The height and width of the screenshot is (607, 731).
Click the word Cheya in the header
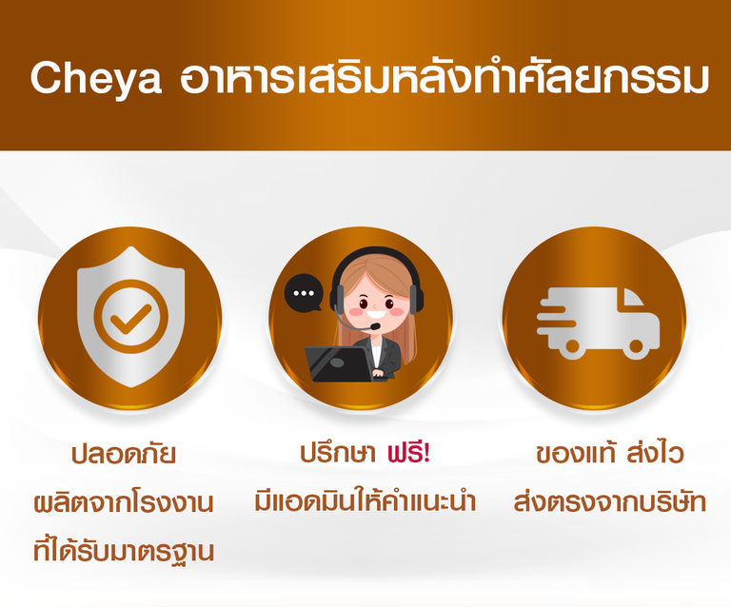point(96,79)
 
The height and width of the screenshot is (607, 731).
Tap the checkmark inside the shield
point(130,319)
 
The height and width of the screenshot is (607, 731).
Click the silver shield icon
point(131,317)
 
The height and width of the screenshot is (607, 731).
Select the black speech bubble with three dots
point(304,292)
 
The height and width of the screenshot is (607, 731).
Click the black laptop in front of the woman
point(339,364)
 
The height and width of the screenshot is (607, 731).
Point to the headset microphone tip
point(375,325)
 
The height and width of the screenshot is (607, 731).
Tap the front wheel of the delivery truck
point(636,346)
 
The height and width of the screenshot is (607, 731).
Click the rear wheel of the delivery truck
point(571,346)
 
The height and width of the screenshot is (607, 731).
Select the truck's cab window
point(631,297)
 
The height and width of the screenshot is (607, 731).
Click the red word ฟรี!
point(409,452)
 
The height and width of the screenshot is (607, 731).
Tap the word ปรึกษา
point(338,453)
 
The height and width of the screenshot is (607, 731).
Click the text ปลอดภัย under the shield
point(124,453)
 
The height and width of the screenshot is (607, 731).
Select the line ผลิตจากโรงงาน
point(124,503)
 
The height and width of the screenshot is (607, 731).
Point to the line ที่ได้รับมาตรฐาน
point(124,551)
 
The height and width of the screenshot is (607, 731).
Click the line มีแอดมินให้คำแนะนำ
point(365,500)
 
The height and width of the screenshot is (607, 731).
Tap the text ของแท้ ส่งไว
point(610,452)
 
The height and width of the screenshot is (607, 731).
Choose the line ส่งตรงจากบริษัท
point(610,501)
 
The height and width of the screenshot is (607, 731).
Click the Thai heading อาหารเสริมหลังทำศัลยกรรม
point(445,77)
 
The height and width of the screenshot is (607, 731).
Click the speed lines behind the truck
point(556,317)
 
